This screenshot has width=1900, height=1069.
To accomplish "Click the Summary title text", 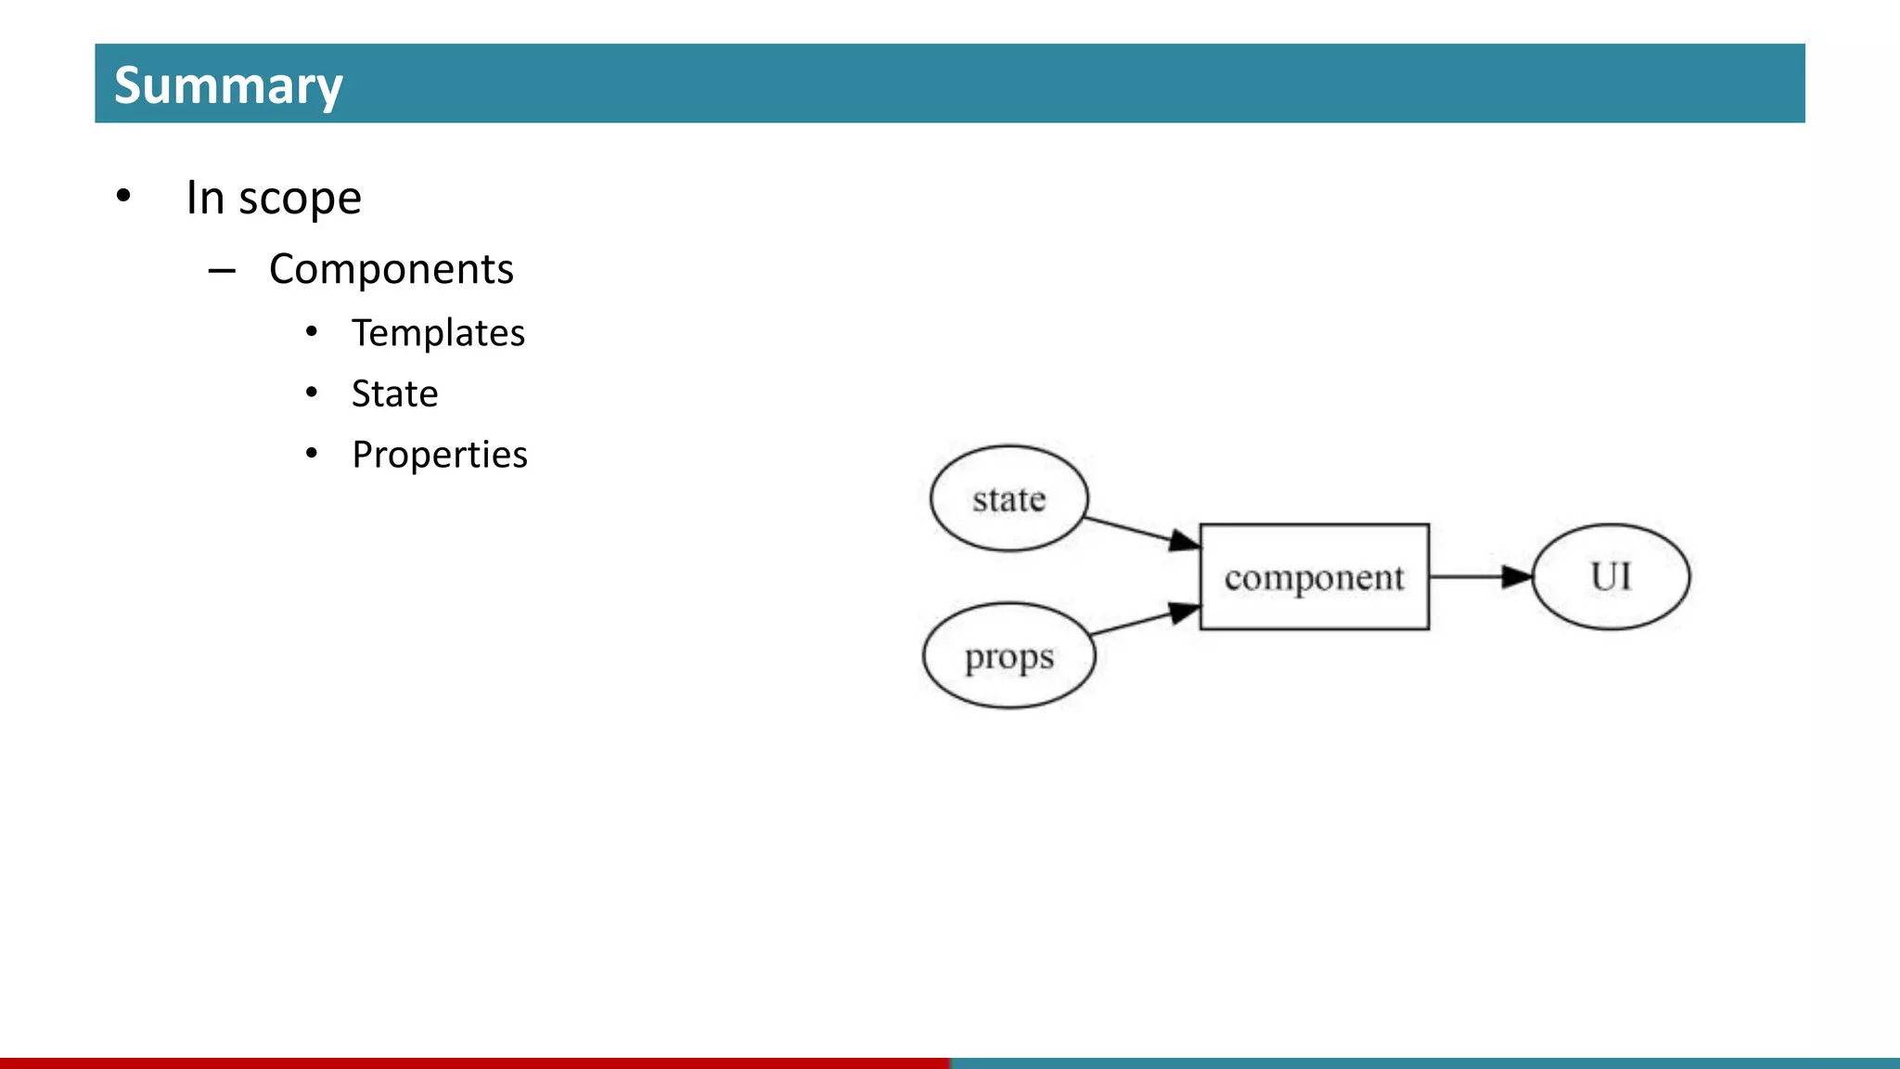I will (x=228, y=85).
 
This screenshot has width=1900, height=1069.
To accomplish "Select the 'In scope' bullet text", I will (x=274, y=198).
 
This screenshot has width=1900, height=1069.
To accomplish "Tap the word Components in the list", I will (x=391, y=269).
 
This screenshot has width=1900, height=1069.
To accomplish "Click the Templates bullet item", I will (x=438, y=333).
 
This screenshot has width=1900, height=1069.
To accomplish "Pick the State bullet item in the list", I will (x=394, y=394).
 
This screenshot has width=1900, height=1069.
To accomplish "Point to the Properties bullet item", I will (x=440, y=455).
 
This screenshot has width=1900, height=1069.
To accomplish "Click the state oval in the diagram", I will (x=1008, y=498).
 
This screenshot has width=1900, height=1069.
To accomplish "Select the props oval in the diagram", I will (x=1008, y=656).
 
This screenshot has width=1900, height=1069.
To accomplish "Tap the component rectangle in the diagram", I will (x=1314, y=577).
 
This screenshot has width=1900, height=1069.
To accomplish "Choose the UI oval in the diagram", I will (x=1611, y=576).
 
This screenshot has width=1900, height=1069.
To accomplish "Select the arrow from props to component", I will (x=1146, y=621).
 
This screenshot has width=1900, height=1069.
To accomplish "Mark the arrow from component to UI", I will (x=1481, y=576).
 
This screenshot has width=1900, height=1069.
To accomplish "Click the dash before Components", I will (x=222, y=271).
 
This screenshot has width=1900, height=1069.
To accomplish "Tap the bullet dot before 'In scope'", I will (x=123, y=196).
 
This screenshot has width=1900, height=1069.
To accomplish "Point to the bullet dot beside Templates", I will (x=312, y=332).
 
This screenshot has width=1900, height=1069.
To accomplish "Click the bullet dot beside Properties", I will (x=312, y=454).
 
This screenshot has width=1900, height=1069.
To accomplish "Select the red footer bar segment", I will (x=474, y=1063).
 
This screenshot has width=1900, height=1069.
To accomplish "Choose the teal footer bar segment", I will (x=1425, y=1063).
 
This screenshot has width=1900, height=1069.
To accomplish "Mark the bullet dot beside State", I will (x=312, y=393).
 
